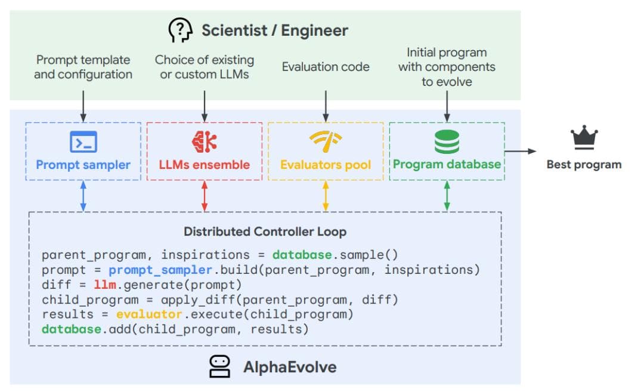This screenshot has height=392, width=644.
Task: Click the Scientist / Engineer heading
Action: coord(274,30)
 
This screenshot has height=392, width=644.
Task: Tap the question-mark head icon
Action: coord(180,29)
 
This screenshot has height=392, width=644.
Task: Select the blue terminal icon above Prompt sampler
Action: coord(83,142)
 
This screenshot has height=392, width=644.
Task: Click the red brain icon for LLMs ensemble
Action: coord(204,141)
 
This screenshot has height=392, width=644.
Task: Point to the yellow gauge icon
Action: coord(325,141)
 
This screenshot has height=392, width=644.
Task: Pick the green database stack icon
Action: coord(447,141)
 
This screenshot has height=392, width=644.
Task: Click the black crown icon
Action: coord(584,139)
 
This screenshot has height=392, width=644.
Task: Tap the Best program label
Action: coord(584,165)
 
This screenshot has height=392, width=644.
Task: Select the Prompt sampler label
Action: coord(83,165)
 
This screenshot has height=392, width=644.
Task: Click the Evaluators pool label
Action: coord(326,165)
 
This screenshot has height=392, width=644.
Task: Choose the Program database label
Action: coord(447,164)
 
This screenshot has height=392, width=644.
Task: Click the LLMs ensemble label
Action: coord(205,165)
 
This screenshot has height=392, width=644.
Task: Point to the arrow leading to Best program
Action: coord(521,152)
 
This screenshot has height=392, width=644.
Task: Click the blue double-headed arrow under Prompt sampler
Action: coord(83,196)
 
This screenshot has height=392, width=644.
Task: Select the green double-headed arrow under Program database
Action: coord(447,196)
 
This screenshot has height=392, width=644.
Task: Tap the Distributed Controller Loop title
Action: coord(265,232)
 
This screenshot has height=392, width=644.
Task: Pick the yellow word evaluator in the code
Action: coord(141,314)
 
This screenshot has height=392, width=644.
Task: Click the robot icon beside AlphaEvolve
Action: coord(219,366)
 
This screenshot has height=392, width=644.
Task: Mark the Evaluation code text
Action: coord(326,67)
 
